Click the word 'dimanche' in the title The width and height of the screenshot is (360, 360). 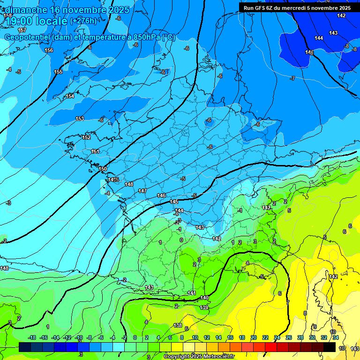point(26,9)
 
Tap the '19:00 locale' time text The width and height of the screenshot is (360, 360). point(36,21)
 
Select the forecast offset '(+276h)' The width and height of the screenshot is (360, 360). point(83,21)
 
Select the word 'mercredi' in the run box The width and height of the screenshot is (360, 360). point(298,8)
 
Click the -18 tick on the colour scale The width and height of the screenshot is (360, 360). point(32,337)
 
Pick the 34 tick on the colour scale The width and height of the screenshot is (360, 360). point(335,337)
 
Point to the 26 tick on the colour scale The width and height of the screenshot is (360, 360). point(288,337)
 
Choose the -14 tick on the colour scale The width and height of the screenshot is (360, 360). point(55,337)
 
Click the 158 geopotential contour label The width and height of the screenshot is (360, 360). point(8,15)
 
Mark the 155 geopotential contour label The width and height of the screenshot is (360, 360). point(58,72)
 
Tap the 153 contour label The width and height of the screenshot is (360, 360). point(80,119)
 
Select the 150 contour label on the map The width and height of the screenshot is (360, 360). point(103,169)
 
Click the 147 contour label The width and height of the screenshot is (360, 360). point(142,191)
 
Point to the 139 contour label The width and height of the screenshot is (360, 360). point(204,307)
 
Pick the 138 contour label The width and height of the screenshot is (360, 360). point(178,325)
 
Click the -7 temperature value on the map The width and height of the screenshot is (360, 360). point(292,78)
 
